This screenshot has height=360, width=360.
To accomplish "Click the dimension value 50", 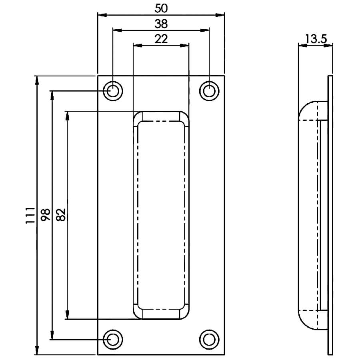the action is (161, 8).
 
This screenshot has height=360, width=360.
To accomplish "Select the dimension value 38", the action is (161, 24).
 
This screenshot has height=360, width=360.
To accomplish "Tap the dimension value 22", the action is (161, 39).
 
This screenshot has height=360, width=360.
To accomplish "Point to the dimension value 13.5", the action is (316, 39).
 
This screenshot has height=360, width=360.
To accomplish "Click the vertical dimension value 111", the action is (30, 215).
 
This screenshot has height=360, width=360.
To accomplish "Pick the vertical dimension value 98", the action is (46, 215).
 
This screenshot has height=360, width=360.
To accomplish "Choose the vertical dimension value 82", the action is (61, 215).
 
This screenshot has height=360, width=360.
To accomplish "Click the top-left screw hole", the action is (113, 91).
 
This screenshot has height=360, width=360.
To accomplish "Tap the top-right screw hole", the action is (209, 91).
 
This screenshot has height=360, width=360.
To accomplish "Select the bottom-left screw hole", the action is (113, 340).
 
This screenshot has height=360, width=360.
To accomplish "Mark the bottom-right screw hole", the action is (209, 340).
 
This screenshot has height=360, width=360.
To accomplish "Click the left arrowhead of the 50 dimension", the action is (102, 15).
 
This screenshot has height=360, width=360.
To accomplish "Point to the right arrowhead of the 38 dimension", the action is (204, 30).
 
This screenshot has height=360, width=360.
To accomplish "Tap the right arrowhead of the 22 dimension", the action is (184, 46).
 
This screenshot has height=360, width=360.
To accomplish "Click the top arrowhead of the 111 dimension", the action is (37, 80).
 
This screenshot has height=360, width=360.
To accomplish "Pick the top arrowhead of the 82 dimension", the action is (67, 116).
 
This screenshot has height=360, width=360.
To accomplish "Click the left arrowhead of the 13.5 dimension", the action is (303, 46).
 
